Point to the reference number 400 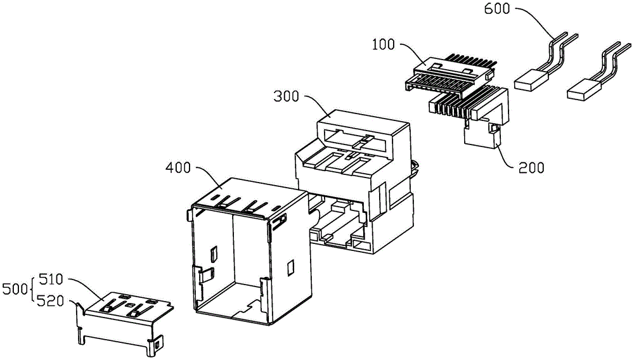178,169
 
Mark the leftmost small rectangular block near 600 531,80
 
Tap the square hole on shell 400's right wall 291,267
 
